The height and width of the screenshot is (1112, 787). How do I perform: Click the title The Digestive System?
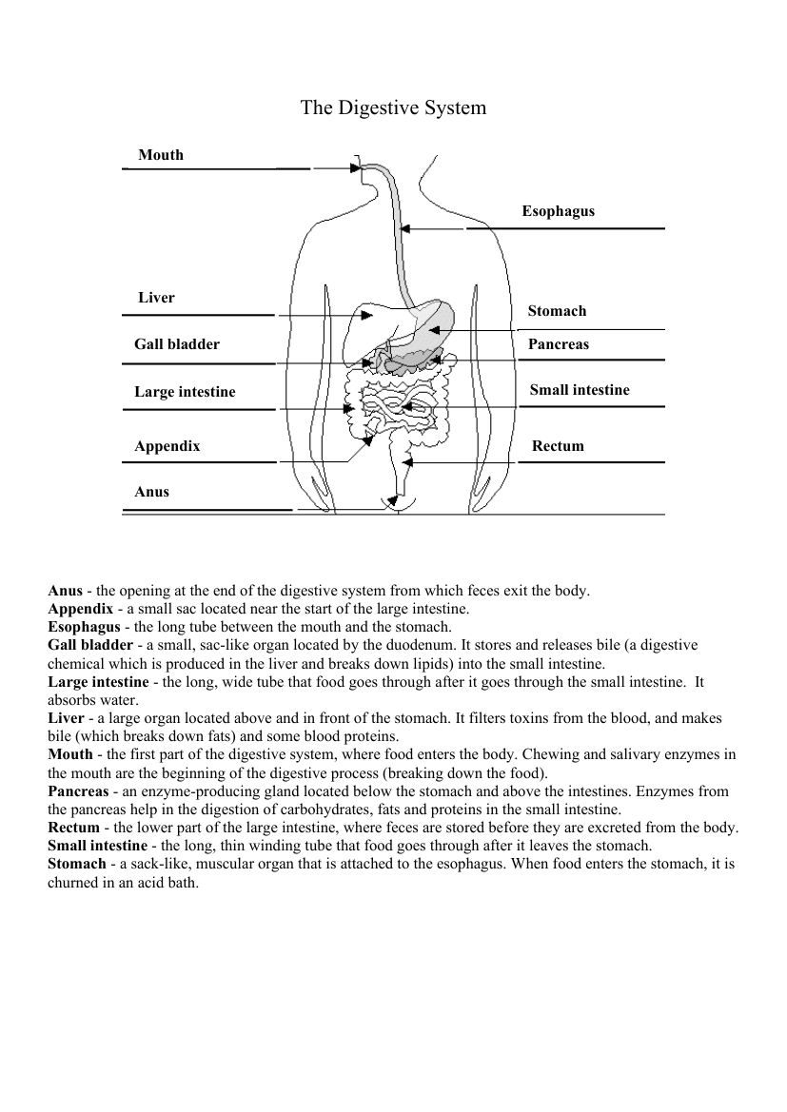coord(393,107)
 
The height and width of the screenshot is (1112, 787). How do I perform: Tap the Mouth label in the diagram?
coord(161,155)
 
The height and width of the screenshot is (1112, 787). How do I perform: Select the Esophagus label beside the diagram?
coord(558,211)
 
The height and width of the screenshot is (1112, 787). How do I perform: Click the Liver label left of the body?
coord(156,298)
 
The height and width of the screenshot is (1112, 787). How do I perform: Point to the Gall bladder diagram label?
coord(176,344)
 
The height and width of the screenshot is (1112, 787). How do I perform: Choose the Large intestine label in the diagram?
coord(185,392)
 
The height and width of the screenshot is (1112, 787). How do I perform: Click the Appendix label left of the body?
coord(167,446)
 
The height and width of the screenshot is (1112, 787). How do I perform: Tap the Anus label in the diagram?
coord(151,492)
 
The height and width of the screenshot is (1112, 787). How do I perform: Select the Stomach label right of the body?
coord(557,311)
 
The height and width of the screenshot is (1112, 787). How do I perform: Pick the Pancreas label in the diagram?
coord(558,344)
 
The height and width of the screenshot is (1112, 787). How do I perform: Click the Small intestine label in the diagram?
coord(579,390)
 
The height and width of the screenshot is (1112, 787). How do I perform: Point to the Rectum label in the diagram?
coord(558,446)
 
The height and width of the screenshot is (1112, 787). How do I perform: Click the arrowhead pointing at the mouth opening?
coord(356,169)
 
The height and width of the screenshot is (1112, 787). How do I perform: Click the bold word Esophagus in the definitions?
coord(84,627)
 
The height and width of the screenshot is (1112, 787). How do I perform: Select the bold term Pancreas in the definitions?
coord(78,791)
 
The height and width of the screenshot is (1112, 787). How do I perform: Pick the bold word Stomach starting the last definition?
coord(77,864)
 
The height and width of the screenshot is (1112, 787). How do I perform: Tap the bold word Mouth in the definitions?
coord(70,754)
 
